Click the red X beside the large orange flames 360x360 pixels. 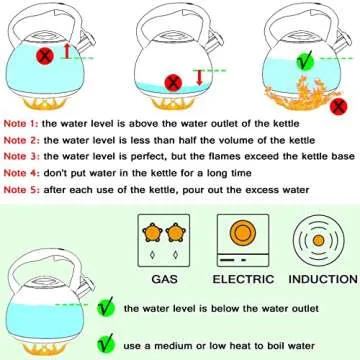tap(340, 102)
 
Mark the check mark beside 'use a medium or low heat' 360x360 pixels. tap(104, 318)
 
